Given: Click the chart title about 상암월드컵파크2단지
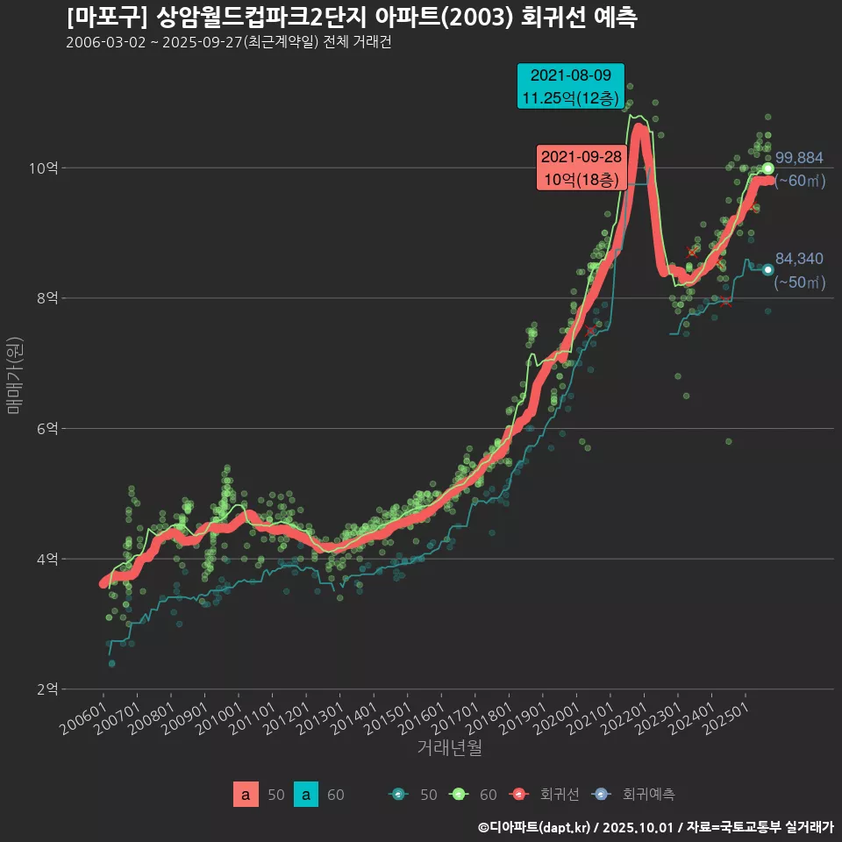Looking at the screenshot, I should (351, 18).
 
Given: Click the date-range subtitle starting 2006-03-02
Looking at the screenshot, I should (228, 43).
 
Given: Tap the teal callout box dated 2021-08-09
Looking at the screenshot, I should (570, 86).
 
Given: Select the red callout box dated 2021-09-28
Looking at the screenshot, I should (581, 168).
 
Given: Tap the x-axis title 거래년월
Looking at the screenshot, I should (449, 748).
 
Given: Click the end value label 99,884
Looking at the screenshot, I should (799, 158).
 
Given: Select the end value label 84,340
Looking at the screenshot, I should (799, 259).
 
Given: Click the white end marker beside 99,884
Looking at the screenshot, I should (768, 168).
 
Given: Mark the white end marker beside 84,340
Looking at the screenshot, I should (768, 270).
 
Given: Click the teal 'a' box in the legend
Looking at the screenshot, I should (305, 795).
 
